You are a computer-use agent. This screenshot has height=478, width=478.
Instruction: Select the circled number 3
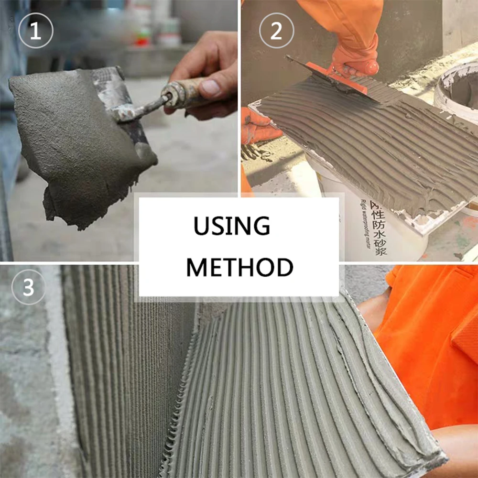point(29,288)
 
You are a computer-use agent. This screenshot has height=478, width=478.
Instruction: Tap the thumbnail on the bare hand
point(210,88)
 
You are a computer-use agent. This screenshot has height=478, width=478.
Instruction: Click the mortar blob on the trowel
point(76,139)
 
